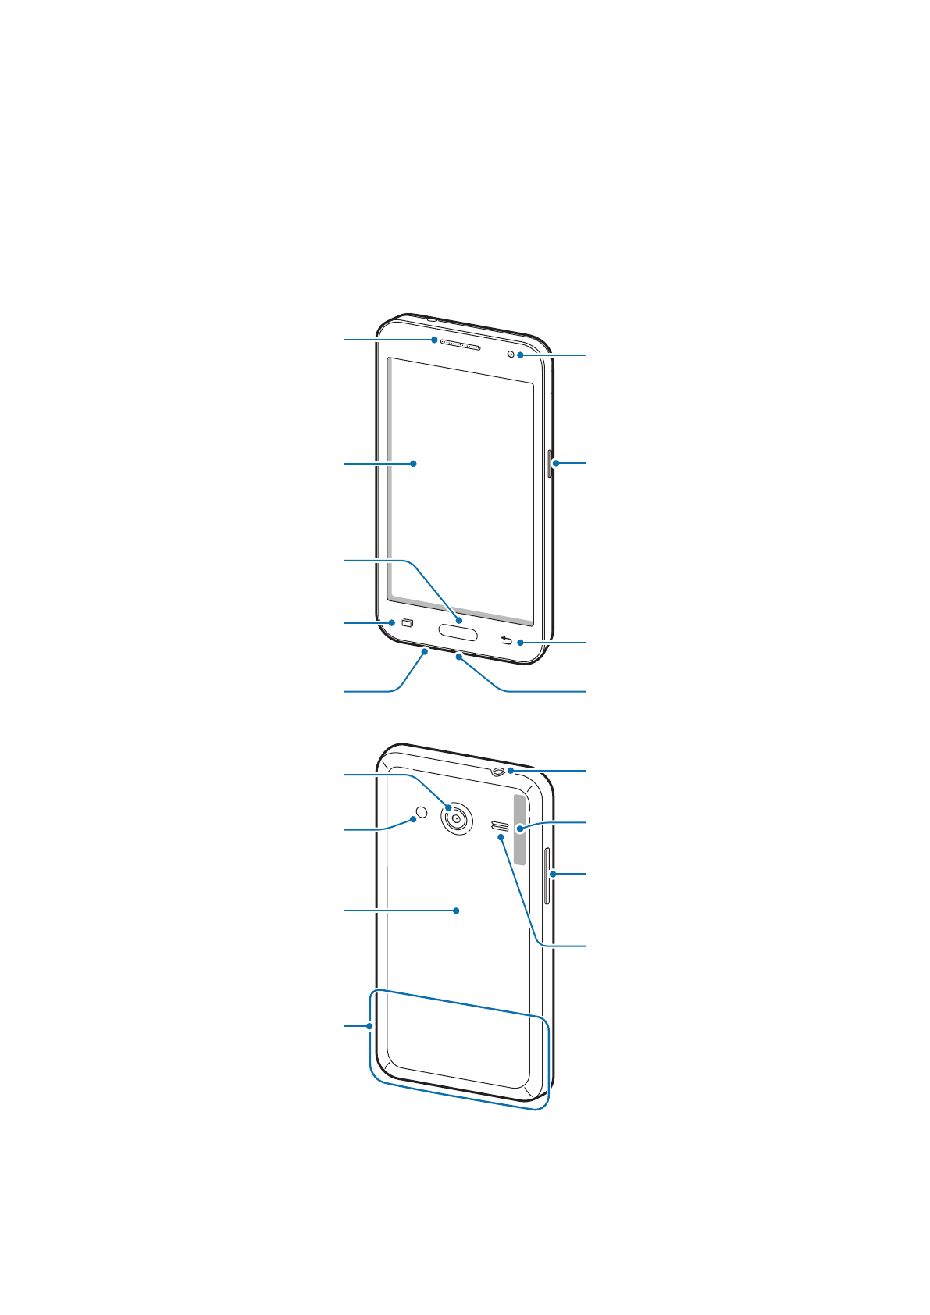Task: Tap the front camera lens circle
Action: click(511, 355)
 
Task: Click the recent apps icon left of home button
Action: click(407, 623)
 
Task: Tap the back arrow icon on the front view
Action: click(506, 642)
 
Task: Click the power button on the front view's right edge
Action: click(550, 464)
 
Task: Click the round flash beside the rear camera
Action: click(422, 812)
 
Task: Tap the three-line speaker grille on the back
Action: click(500, 825)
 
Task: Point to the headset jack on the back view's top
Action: click(500, 772)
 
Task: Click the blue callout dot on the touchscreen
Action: click(413, 464)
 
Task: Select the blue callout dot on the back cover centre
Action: click(456, 911)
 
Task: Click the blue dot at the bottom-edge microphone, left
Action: click(425, 650)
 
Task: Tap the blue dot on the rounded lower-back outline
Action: click(369, 1026)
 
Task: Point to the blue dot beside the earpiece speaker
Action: click(433, 340)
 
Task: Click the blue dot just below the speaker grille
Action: click(501, 837)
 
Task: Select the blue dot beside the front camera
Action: click(519, 356)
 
